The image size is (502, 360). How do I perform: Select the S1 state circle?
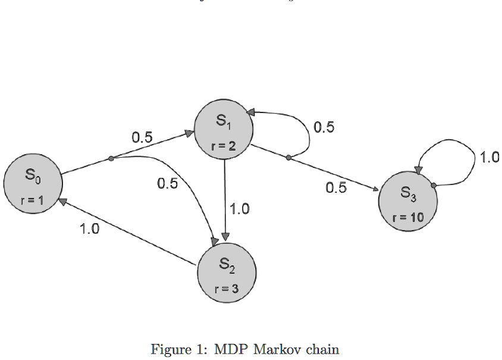coord(224,129)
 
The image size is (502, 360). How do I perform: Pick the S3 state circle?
coord(408,201)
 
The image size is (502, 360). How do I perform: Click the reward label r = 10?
coord(408,217)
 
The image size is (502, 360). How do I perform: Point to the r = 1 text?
coord(32,201)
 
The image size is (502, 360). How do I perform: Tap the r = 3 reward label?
coord(227,289)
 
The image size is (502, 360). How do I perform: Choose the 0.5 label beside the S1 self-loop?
coord(324,127)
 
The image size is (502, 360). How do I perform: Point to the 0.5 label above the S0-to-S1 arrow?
coord(142,137)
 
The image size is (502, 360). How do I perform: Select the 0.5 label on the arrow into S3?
coord(336,188)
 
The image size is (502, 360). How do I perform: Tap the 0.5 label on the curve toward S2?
coord(167,184)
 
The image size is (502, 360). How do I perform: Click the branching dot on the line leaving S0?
coord(111,158)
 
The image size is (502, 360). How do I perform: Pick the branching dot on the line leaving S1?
coord(288,158)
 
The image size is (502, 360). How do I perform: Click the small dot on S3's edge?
coord(434,185)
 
